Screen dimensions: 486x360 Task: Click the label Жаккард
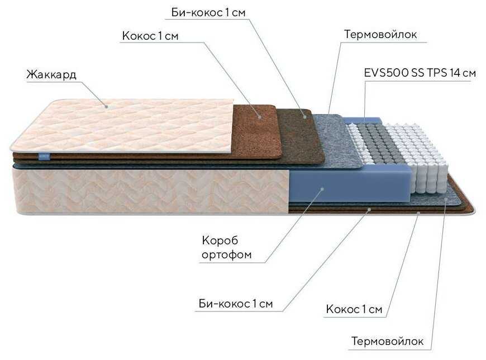[x=51, y=75]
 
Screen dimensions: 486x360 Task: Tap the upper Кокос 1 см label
[x=150, y=36]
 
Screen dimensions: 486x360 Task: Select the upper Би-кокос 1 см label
[x=208, y=12]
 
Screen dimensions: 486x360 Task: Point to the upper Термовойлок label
[x=380, y=34]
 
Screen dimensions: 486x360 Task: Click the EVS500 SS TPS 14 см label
[x=420, y=73]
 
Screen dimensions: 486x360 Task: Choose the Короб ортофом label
[x=227, y=248]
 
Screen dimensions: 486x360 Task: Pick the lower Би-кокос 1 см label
[x=236, y=303]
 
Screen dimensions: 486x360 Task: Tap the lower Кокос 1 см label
[x=354, y=309]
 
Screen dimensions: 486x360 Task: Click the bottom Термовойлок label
[x=388, y=341]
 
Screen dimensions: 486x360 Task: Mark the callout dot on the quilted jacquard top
[x=106, y=107]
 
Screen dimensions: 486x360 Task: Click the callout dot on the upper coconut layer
[x=260, y=117]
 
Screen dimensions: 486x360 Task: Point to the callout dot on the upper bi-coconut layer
[x=305, y=117]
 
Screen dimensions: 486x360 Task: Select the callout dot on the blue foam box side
[x=322, y=188]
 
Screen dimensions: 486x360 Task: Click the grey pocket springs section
[x=375, y=142]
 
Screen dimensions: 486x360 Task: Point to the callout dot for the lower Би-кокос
[x=369, y=210]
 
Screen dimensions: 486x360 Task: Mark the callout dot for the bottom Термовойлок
[x=446, y=200]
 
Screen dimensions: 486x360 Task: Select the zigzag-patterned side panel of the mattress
[x=151, y=190]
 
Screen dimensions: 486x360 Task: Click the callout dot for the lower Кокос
[x=418, y=213]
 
